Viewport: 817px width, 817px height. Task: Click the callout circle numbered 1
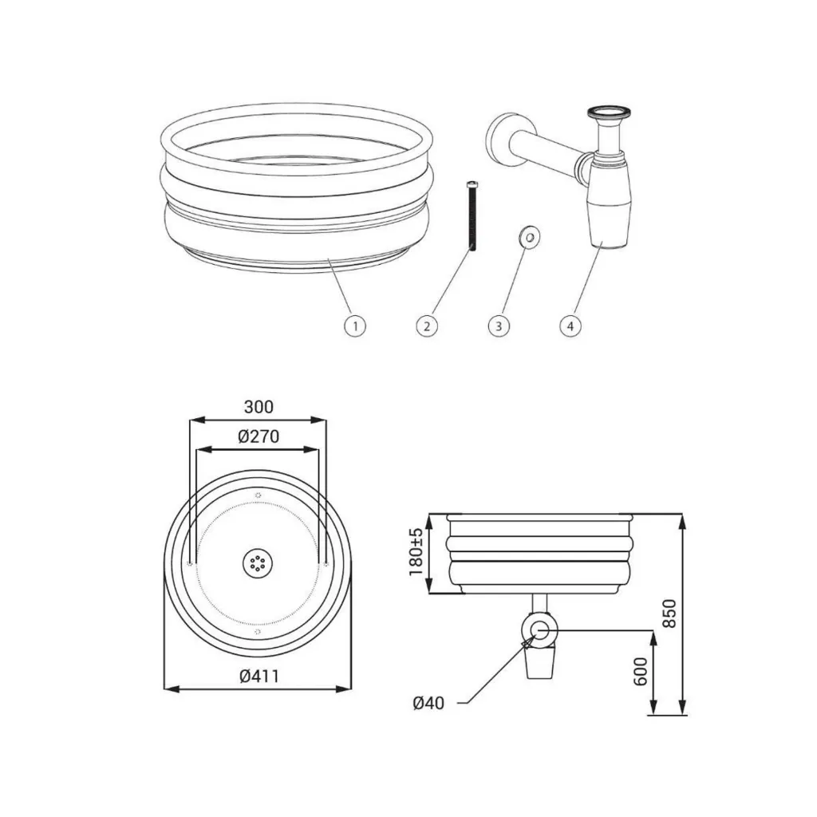[x=355, y=326]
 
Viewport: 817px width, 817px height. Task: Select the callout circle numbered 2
[x=427, y=326]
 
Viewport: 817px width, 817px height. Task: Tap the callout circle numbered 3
[x=499, y=326]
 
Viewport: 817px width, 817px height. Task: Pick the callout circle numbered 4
[x=570, y=326]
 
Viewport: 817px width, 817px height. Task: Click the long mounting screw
[x=472, y=215]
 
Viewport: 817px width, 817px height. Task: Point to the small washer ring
[x=530, y=237]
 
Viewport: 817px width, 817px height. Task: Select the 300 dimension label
[x=259, y=406]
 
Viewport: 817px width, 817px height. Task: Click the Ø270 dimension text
[x=259, y=436]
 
